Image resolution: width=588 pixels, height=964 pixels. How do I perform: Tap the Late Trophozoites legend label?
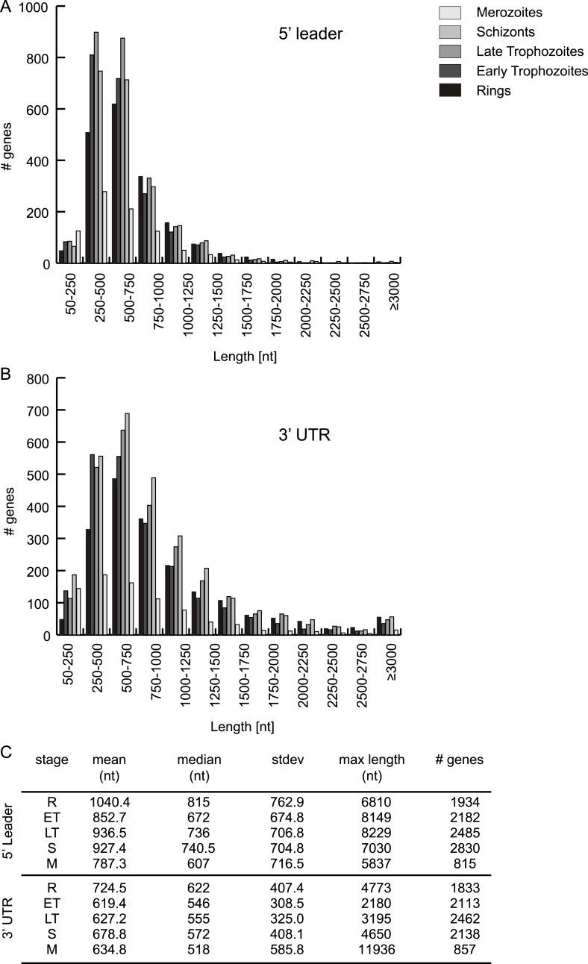click(531, 51)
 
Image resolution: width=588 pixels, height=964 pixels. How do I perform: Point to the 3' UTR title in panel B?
click(309, 431)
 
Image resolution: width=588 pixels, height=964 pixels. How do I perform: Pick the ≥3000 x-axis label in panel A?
click(394, 287)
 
